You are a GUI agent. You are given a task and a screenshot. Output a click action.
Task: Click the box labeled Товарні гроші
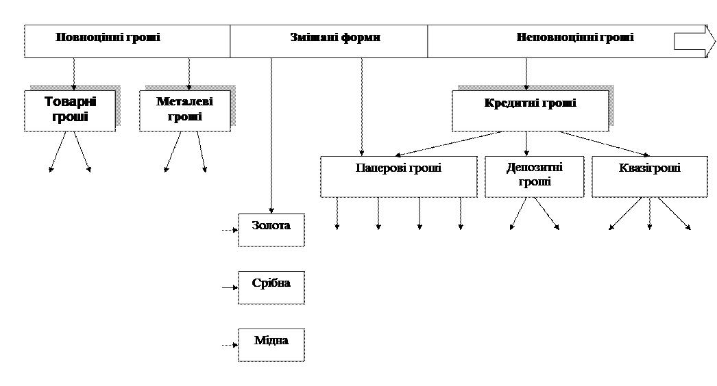coord(70,110)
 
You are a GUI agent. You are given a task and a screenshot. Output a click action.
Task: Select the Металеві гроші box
coord(184,110)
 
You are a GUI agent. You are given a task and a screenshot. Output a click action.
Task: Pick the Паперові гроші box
coord(398,177)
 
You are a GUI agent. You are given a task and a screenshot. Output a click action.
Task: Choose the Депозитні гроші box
coord(534,177)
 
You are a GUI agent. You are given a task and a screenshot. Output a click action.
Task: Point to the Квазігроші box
coord(648,177)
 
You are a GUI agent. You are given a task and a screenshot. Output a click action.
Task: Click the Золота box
coord(271,229)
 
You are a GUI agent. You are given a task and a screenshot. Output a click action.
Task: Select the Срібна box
coord(271,287)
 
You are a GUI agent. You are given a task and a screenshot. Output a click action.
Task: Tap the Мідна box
coord(271,344)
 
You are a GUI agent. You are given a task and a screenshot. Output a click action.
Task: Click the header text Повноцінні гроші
coord(108,38)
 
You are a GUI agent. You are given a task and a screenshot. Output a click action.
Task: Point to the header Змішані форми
coord(335,38)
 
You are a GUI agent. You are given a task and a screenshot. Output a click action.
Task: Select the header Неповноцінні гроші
coord(574,38)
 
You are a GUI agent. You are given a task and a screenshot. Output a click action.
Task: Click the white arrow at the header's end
coord(689,41)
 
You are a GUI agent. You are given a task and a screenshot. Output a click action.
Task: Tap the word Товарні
coord(70,102)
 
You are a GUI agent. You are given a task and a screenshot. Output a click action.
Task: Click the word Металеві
coord(184,102)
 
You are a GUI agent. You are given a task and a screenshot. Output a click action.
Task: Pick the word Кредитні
coord(508,103)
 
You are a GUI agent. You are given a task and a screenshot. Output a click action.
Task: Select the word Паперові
coord(380,168)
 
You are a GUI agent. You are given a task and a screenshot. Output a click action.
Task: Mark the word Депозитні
coord(535,168)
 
